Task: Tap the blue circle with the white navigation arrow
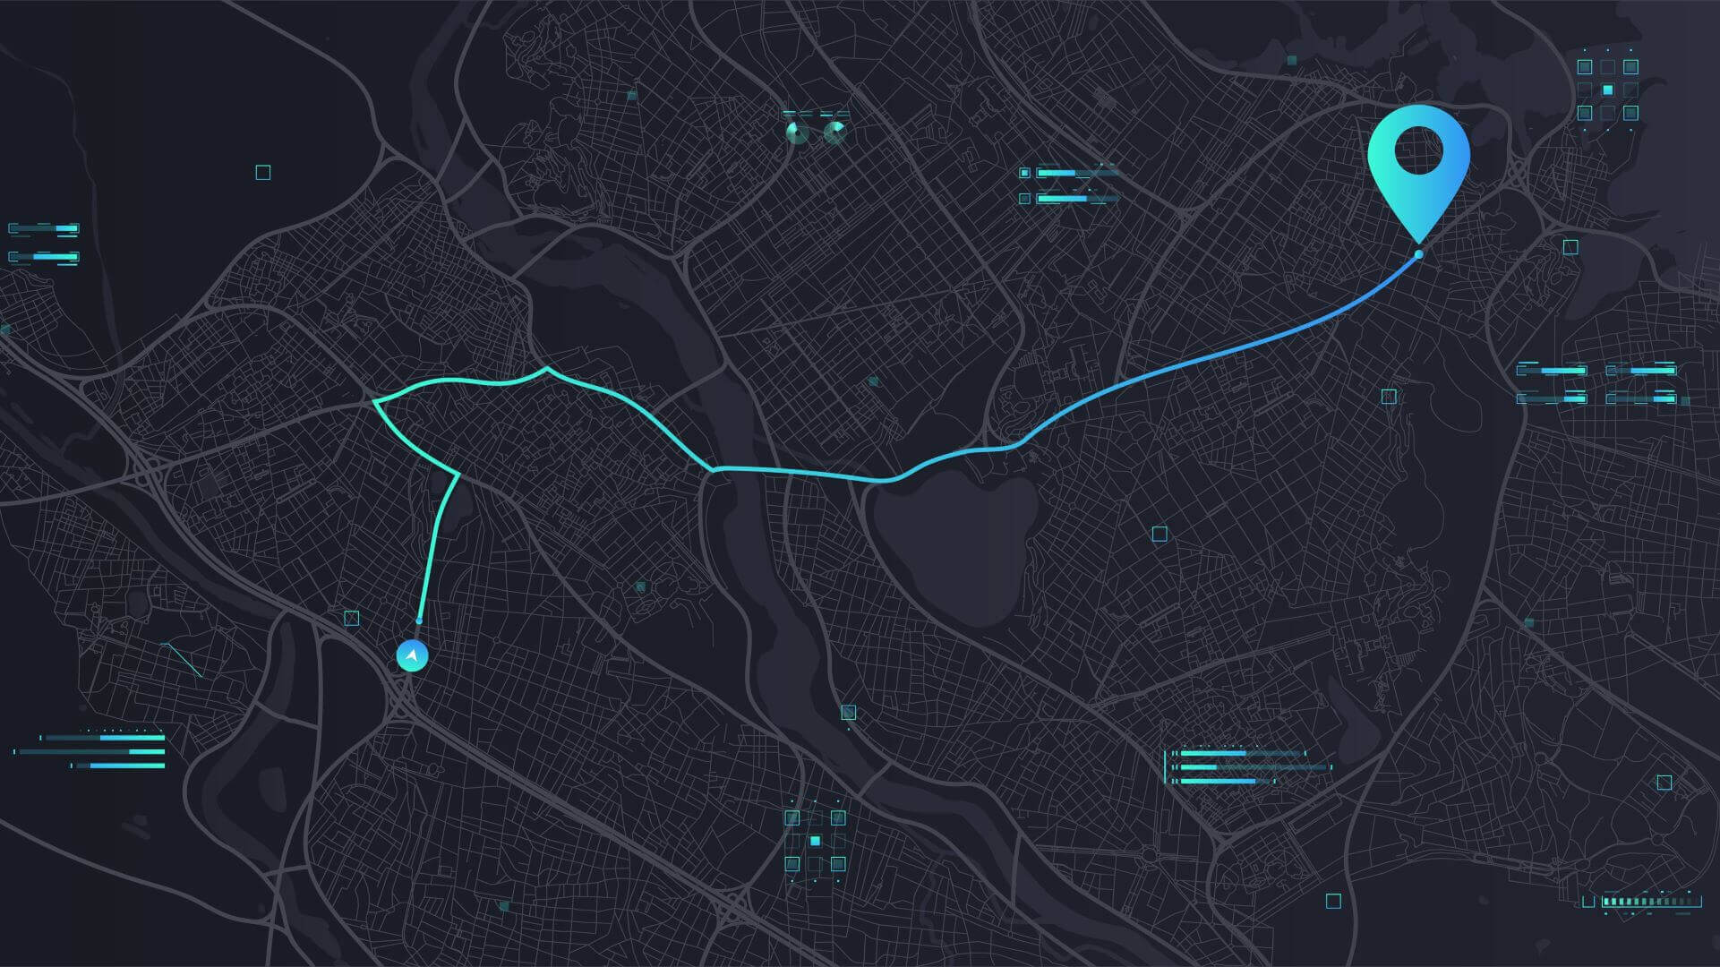412,656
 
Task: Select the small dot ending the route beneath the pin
1419,255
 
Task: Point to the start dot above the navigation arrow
419,620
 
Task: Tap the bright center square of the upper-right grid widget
1608,90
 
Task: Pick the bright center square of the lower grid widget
815,841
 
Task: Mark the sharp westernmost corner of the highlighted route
374,402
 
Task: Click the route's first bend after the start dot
458,473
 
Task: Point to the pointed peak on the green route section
546,368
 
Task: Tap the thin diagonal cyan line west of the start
182,659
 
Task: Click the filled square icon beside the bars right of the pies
1024,173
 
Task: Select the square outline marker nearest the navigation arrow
352,618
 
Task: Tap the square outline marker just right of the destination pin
1570,247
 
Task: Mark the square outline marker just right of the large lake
1160,535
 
